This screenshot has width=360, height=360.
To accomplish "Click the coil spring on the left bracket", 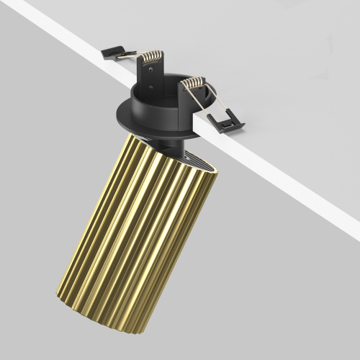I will tap(153, 58).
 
